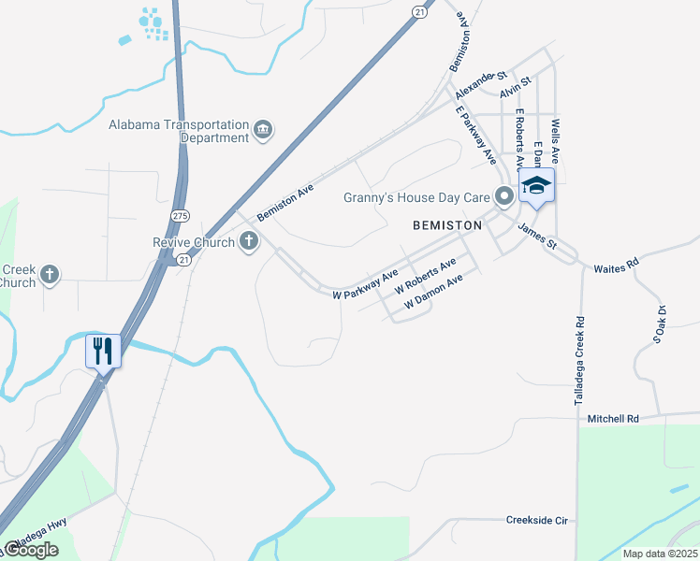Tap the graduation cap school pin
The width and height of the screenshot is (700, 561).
(536, 185)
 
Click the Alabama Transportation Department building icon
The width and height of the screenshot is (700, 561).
(263, 129)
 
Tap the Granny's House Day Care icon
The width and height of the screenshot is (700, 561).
(504, 196)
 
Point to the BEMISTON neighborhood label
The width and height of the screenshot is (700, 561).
(447, 225)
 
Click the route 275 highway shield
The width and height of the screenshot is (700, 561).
(176, 216)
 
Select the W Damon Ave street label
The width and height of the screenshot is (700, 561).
(433, 293)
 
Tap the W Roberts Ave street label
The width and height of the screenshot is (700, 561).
(425, 274)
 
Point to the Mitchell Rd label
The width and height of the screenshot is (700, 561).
(612, 419)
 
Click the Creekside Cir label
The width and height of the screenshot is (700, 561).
(536, 520)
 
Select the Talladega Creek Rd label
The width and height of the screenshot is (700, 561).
(580, 361)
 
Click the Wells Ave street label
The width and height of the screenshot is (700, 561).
(555, 137)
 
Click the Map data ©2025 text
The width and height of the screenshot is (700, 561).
(659, 554)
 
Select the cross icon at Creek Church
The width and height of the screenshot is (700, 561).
(49, 275)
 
